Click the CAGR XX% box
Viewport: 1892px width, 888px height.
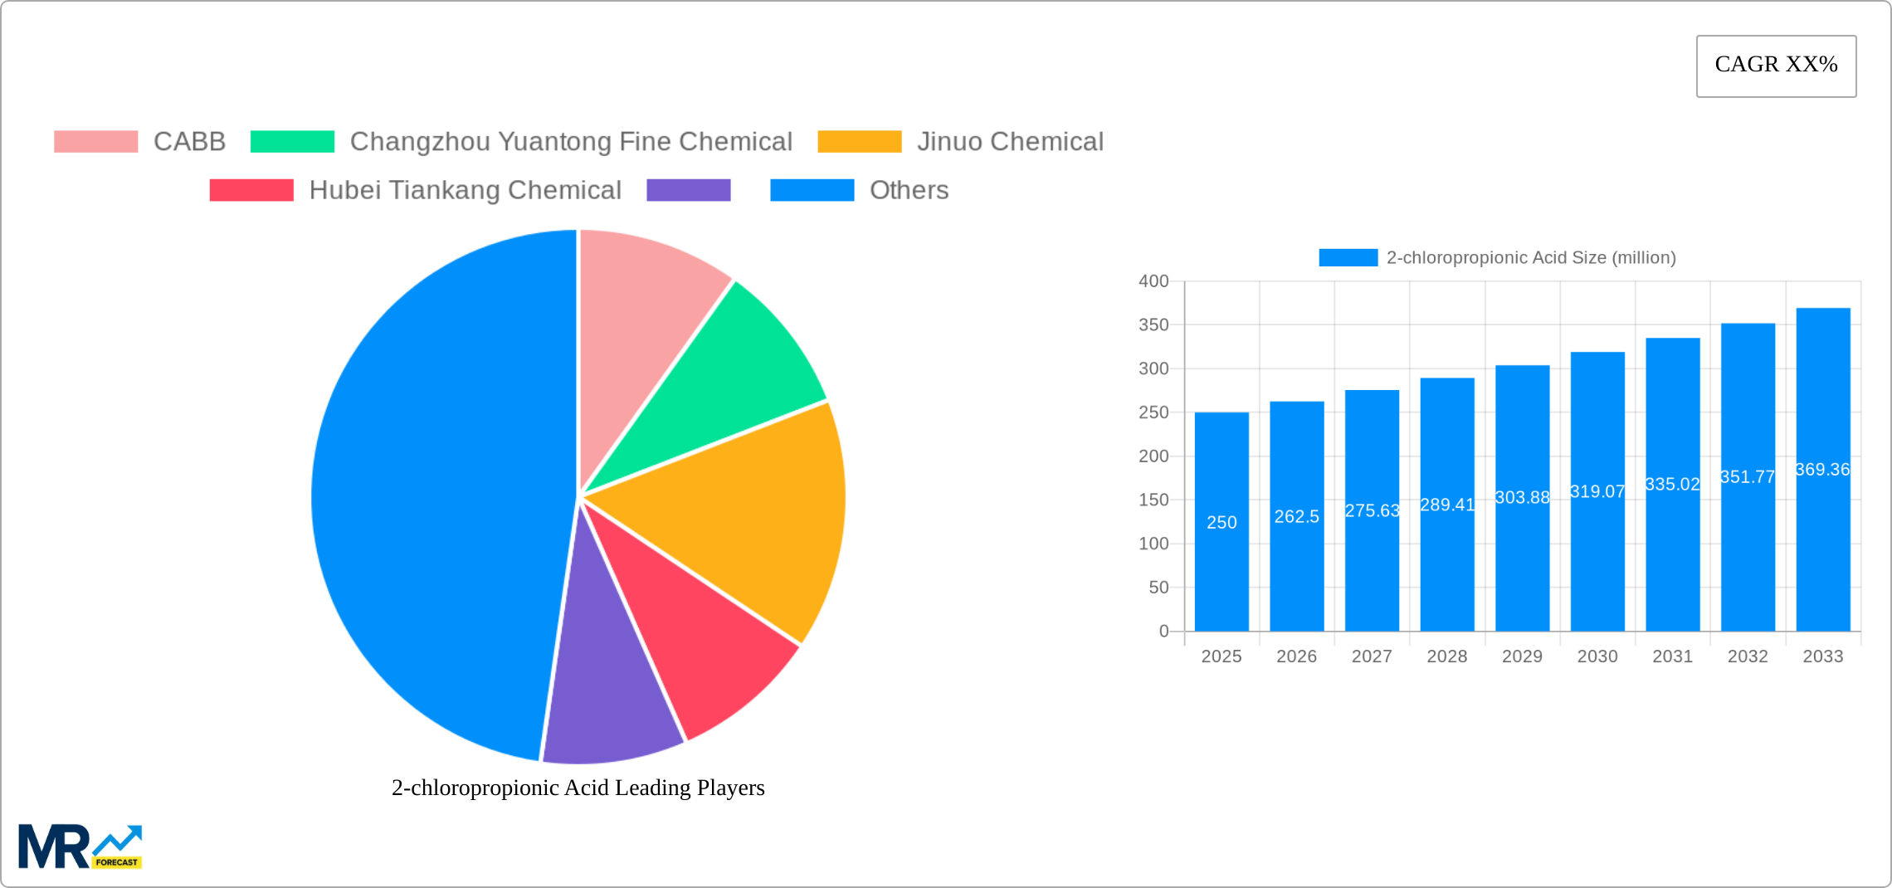click(1776, 66)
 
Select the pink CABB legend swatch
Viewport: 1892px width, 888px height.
click(95, 142)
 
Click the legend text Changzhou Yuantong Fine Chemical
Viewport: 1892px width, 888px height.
click(570, 142)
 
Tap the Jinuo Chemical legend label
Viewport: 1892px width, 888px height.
click(1009, 142)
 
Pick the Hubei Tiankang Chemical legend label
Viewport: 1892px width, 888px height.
click(465, 190)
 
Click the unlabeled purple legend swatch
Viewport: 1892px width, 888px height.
click(688, 190)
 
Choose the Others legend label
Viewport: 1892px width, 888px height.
click(908, 190)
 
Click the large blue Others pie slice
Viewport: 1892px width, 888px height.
click(432, 498)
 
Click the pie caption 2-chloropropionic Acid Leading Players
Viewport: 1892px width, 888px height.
click(578, 788)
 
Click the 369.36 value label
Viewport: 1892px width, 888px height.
click(1822, 470)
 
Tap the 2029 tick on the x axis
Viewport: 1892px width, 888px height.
click(1522, 656)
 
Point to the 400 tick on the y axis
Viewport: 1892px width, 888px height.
click(1153, 281)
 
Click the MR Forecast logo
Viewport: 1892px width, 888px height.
click(80, 847)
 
